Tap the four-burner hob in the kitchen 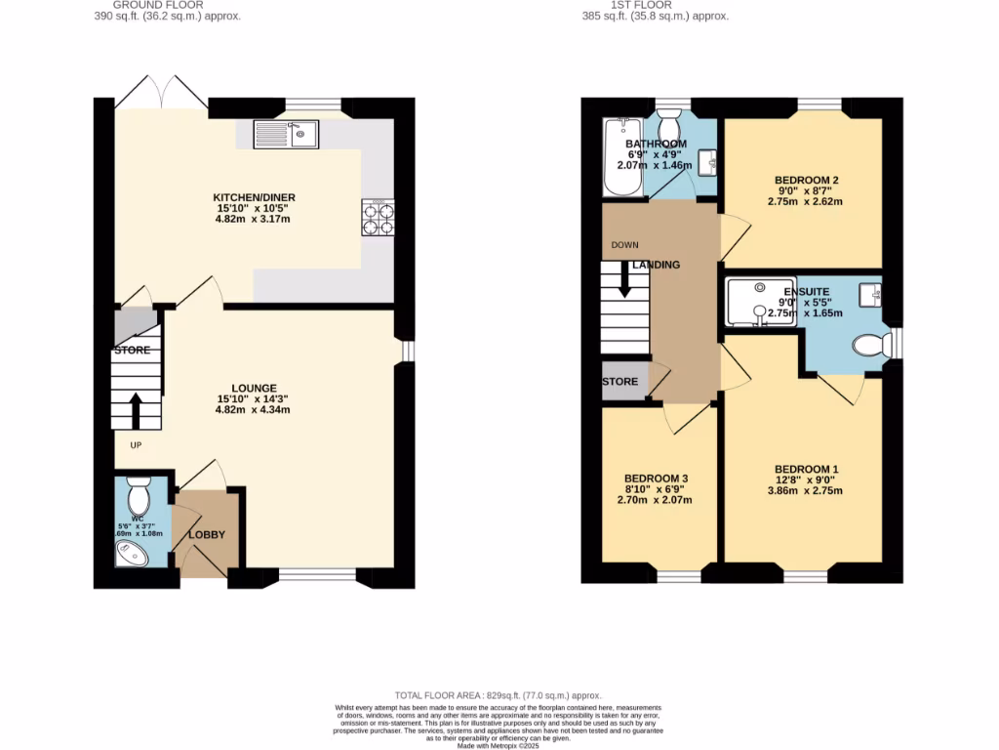click(x=378, y=218)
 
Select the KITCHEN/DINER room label click(x=255, y=197)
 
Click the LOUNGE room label click(x=254, y=388)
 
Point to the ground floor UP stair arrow click(x=135, y=411)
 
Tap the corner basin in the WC click(x=133, y=554)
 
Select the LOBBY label click(x=206, y=534)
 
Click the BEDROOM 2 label click(x=807, y=180)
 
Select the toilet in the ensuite click(x=869, y=345)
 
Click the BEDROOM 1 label click(x=807, y=469)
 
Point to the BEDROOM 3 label click(x=657, y=478)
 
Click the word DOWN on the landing click(x=624, y=244)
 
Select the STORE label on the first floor click(x=620, y=382)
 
